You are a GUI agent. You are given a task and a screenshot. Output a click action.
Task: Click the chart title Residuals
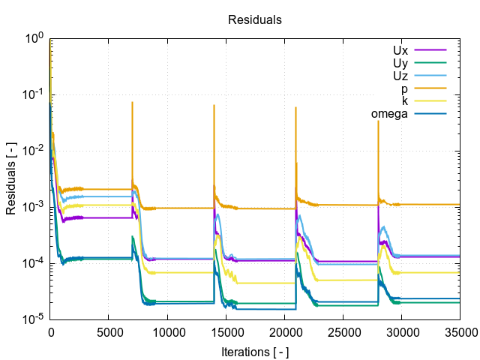coord(254,20)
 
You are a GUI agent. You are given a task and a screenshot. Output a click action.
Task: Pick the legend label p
coord(404,88)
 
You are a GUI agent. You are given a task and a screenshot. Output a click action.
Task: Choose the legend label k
coord(405,101)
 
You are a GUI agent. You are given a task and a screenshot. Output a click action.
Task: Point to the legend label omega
coord(389,114)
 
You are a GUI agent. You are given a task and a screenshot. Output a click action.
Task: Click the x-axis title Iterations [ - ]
coord(254,351)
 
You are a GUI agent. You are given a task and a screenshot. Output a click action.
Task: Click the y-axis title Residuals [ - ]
coord(11,178)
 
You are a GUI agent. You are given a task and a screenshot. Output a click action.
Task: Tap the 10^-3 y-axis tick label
coord(34,207)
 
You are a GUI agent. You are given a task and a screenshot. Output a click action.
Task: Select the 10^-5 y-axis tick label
coord(34,319)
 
